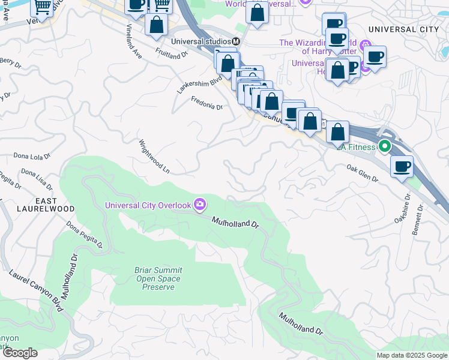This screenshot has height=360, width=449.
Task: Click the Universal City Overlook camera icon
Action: (199, 205)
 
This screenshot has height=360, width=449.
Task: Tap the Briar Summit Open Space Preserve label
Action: (158, 279)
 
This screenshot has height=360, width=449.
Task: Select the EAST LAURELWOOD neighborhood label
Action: (37, 205)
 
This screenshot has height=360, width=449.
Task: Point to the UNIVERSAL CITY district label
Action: (400, 29)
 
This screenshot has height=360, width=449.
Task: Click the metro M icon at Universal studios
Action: (236, 41)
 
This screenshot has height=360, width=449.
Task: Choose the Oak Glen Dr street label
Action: (362, 174)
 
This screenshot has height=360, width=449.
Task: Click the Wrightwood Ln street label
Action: (154, 157)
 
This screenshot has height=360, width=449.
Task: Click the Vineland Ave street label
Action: (133, 41)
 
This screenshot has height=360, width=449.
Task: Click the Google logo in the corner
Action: (20, 353)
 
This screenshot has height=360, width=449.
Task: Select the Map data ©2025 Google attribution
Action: (411, 355)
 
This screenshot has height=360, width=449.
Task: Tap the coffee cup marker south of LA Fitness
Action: (402, 166)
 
